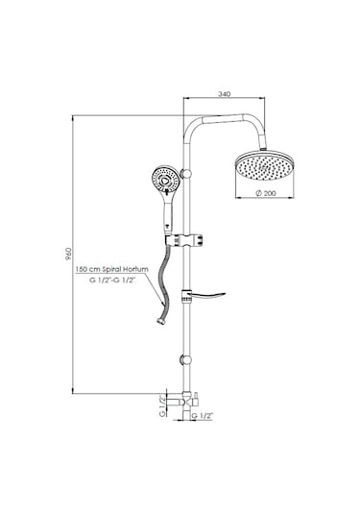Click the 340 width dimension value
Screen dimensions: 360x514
[x=224, y=94]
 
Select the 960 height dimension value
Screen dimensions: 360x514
[x=69, y=254]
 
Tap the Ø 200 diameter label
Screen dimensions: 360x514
[x=266, y=193]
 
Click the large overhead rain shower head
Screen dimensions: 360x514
[x=264, y=166]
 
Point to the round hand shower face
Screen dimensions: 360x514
[x=165, y=180]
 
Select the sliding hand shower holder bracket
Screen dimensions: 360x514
[x=184, y=240]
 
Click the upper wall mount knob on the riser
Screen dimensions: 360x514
[x=187, y=173]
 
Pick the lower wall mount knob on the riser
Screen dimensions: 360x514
[x=186, y=360]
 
